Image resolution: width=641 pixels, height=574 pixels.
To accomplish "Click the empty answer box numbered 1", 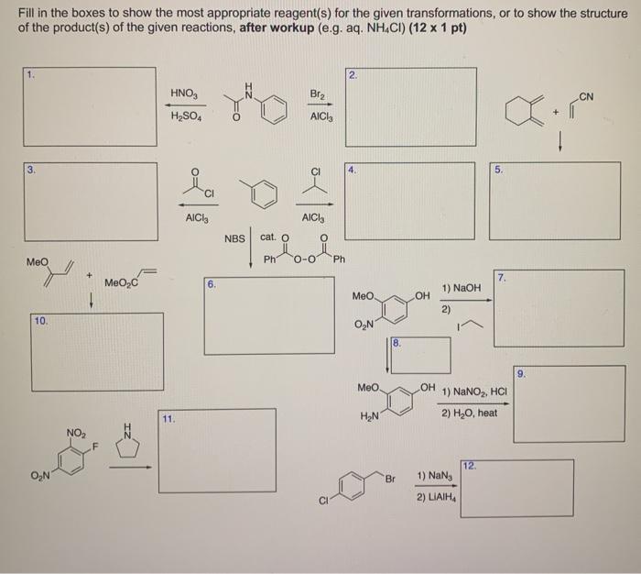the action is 87,106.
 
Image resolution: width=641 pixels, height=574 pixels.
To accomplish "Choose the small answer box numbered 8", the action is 420,355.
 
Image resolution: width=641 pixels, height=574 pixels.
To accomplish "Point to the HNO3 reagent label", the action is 181,94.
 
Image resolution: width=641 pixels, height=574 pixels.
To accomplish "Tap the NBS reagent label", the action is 235,238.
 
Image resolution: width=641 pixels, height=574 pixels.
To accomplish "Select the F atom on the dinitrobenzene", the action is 94,448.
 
